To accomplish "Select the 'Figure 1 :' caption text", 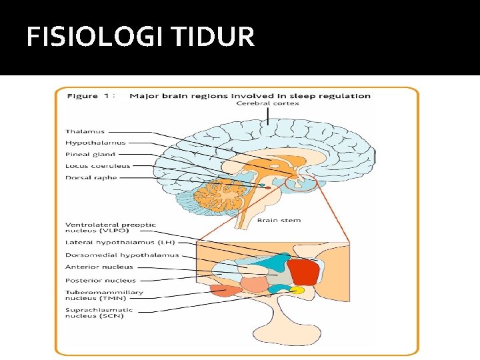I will click(91, 96).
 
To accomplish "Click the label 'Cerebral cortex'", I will click(268, 103).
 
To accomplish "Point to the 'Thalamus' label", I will click(85, 131).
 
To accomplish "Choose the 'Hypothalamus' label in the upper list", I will click(95, 143).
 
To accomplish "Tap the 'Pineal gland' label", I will click(90, 154).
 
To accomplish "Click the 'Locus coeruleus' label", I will click(98, 166).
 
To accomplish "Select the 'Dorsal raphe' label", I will click(91, 178).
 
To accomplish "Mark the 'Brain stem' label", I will click(279, 220).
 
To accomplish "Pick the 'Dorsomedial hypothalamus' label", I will click(122, 255).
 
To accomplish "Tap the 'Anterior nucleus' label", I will click(99, 267).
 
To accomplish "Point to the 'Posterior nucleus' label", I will click(101, 281).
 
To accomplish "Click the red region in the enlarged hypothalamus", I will click(303, 272).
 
